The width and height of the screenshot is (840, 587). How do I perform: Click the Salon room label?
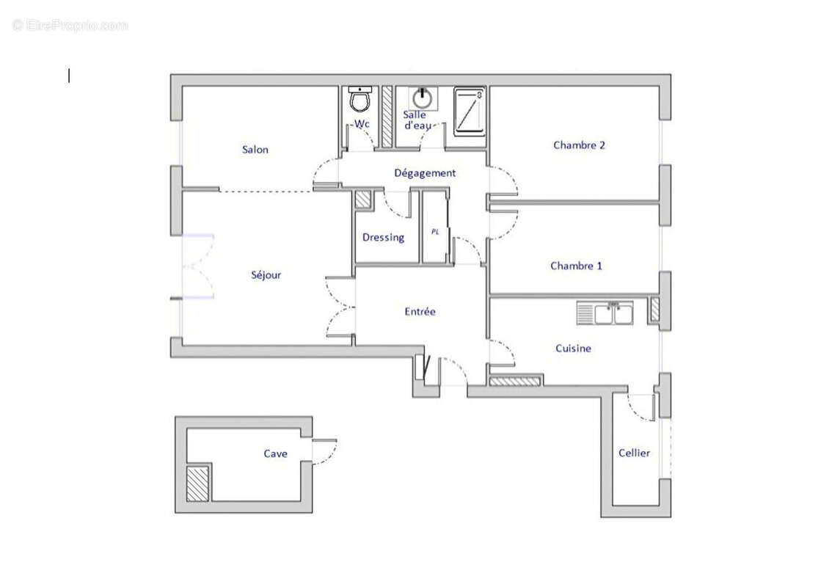(255, 150)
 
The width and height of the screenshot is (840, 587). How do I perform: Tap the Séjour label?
(266, 275)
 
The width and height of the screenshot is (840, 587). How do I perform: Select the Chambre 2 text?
(579, 145)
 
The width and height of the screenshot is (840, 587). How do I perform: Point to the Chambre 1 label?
(576, 266)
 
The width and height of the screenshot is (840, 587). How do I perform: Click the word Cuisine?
(573, 349)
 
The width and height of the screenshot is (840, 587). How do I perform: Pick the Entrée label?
(420, 312)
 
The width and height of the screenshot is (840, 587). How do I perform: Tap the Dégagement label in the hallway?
(425, 173)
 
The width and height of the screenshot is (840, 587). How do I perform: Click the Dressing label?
(383, 238)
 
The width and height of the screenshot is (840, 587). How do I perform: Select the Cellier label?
(634, 453)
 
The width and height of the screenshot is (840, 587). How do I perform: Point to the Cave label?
(275, 454)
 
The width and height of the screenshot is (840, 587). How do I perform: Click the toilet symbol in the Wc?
(360, 100)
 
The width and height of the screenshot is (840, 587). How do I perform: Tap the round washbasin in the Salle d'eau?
(423, 98)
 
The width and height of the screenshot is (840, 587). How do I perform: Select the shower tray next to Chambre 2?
(470, 112)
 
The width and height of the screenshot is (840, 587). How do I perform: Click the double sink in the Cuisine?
(614, 314)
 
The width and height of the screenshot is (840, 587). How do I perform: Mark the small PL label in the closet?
(435, 231)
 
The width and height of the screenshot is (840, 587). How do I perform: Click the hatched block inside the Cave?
(197, 484)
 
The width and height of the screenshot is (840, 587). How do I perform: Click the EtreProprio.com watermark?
(70, 26)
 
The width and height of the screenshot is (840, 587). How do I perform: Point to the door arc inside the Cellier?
(643, 409)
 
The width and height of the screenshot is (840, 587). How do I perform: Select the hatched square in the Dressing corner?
(362, 200)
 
